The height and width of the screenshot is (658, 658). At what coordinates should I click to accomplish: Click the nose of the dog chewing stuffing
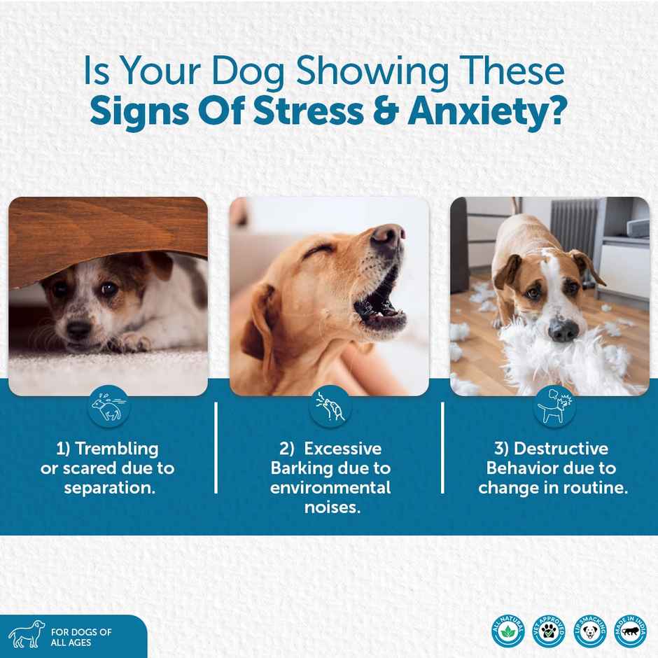563,329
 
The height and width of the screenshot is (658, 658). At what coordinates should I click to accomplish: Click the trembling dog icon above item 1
108,407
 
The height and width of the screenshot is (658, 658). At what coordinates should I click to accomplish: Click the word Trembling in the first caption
116,448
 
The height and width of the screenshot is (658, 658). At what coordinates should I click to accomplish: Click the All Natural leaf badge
507,631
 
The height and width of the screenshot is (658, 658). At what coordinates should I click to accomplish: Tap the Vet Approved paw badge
548,631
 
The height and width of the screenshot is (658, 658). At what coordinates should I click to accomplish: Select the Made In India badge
630,631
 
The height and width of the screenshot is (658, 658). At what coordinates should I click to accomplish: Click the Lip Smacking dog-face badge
589,631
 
